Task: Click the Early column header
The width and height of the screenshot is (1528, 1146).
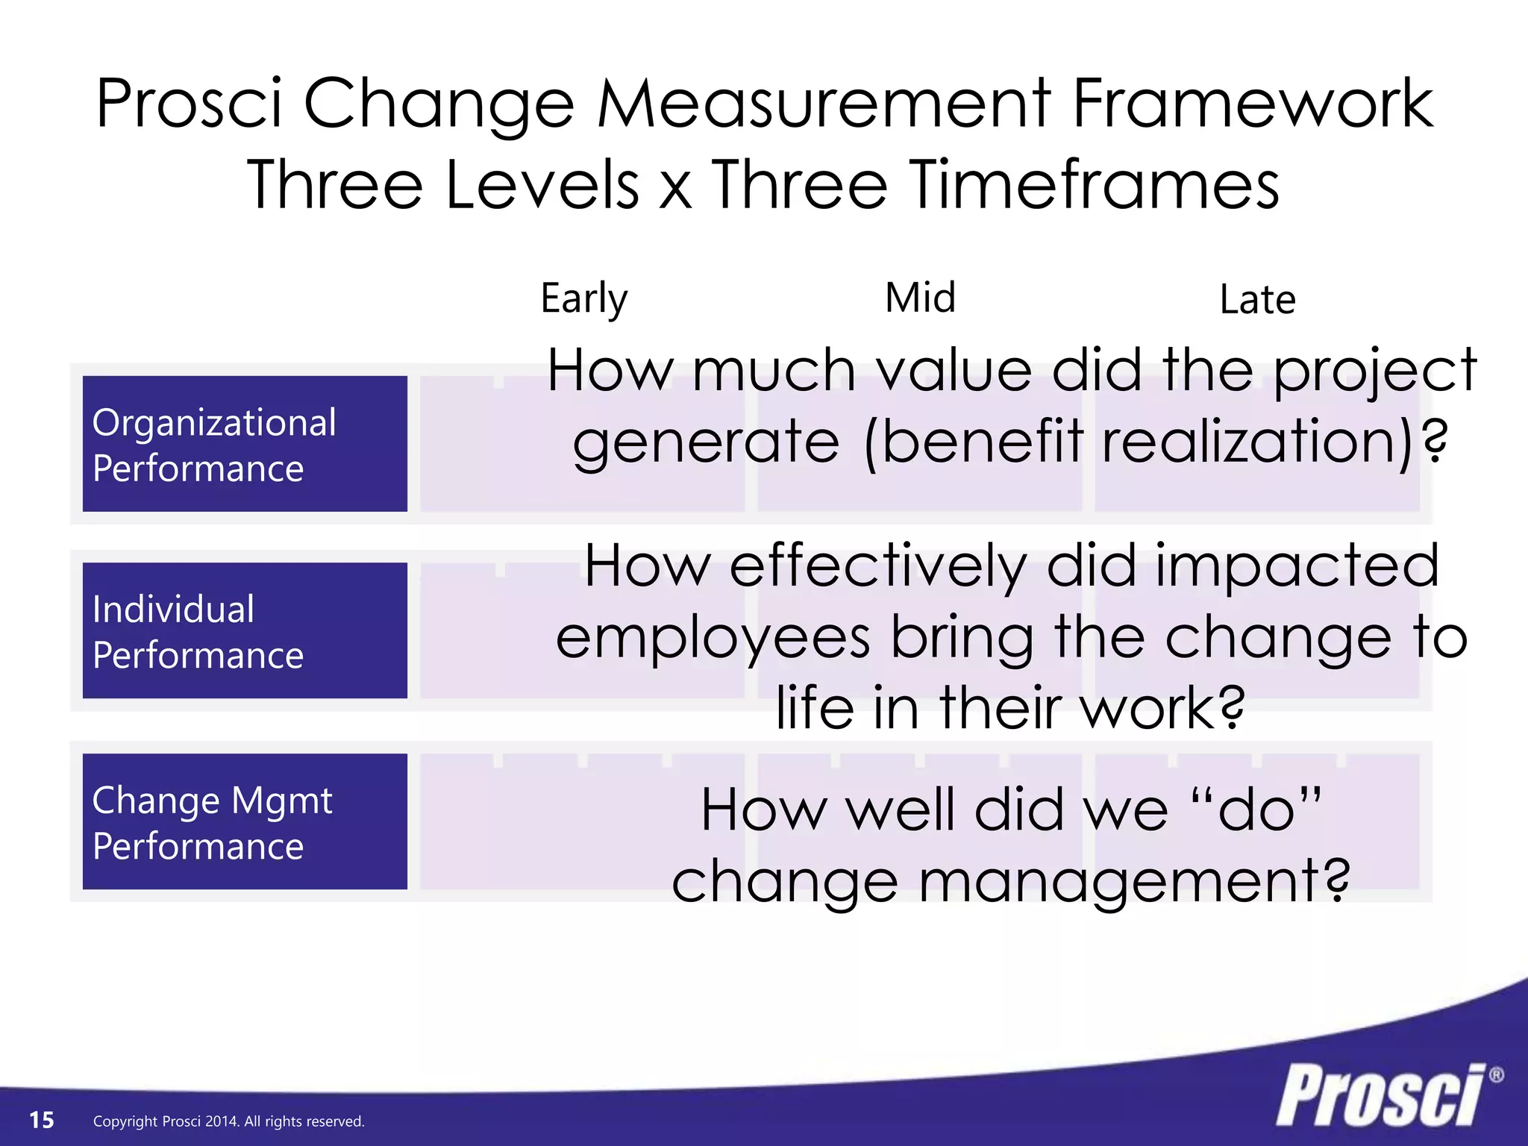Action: click(584, 298)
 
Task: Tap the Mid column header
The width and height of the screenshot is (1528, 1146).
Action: click(920, 298)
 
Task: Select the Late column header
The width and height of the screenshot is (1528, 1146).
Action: click(1257, 300)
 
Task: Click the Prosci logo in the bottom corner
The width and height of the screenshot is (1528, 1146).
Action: click(1380, 1095)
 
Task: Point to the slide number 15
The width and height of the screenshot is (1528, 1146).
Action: click(42, 1120)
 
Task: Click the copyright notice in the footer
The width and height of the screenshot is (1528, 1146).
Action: click(228, 1121)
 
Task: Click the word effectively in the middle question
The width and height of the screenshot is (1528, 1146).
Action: click(878, 566)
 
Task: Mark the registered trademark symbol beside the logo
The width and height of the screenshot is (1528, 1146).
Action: click(1496, 1075)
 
